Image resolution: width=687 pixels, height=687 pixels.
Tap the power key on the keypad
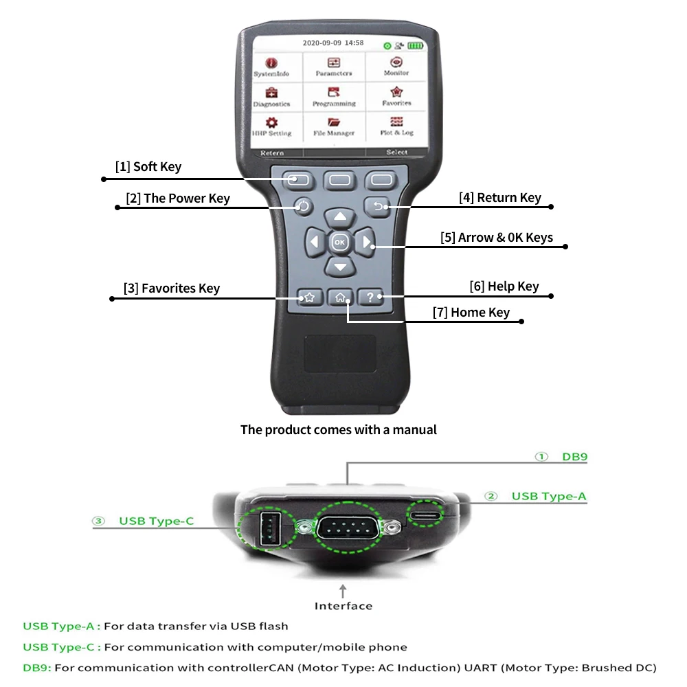(x=304, y=206)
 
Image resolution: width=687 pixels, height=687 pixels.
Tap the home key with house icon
(x=341, y=297)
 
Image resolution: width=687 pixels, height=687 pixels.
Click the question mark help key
(x=371, y=297)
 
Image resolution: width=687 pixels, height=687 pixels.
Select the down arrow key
(x=340, y=266)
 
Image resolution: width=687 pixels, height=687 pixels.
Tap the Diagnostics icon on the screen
(x=271, y=96)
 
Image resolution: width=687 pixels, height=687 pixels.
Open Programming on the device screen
(x=334, y=96)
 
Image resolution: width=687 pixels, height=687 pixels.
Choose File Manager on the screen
(x=334, y=126)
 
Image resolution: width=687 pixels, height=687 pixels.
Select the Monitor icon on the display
(x=396, y=66)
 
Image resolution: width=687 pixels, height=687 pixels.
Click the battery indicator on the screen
(x=415, y=45)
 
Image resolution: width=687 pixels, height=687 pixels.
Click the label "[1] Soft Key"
(x=148, y=167)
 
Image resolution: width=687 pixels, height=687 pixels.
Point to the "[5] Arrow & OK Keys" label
(x=497, y=238)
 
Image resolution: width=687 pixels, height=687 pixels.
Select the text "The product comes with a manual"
(x=339, y=430)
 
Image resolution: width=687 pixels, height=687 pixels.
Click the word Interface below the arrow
(x=343, y=606)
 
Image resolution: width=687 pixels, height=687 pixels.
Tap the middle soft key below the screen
(x=340, y=181)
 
